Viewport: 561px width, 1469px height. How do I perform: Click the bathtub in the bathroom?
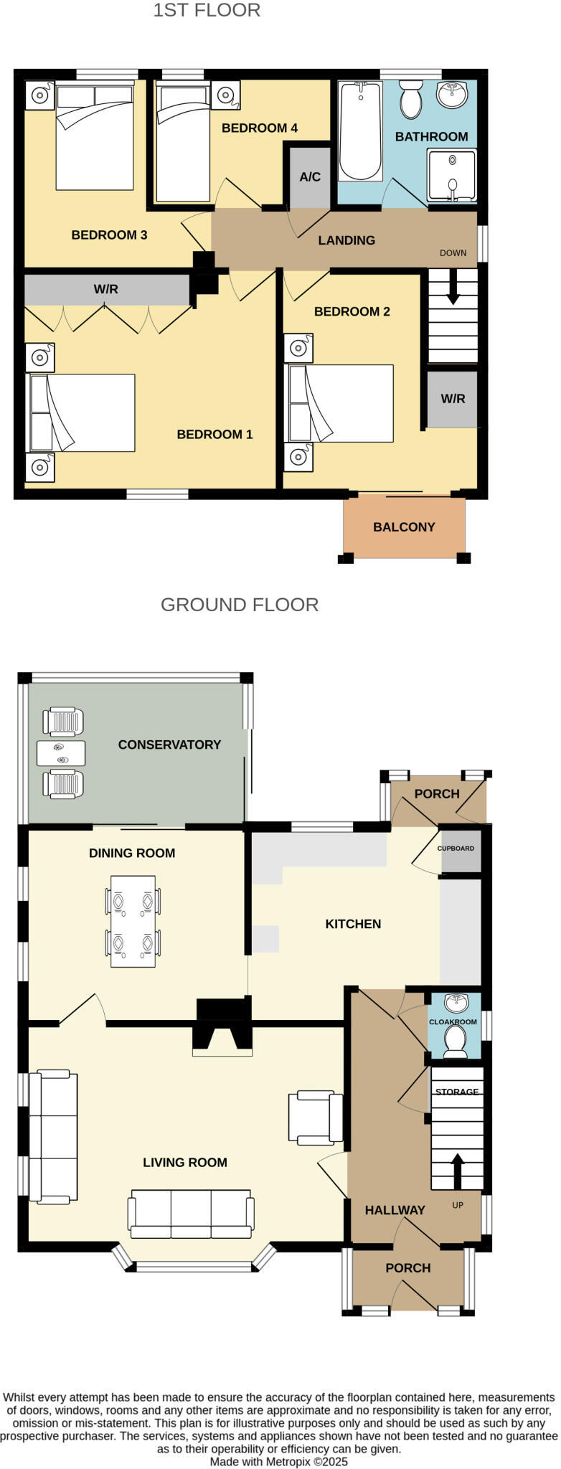pos(360,131)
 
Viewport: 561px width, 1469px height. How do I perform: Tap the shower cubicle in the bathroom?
pos(451,175)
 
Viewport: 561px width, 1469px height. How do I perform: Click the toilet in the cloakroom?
pos(455,1041)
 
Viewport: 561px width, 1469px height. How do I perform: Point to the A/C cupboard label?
pos(310,176)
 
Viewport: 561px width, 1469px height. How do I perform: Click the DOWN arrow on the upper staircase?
pos(453,291)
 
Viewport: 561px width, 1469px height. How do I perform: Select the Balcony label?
pos(404,527)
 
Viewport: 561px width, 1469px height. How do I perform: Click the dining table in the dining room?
pos(133,921)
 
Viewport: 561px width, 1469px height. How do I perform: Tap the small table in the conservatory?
pos(61,753)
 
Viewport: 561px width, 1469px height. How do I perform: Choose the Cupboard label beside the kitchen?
pos(456,849)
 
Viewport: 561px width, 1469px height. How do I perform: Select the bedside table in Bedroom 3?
pos(39,95)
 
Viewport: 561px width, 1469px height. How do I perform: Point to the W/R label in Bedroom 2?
pos(453,399)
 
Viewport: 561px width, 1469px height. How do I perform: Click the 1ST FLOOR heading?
pos(207,11)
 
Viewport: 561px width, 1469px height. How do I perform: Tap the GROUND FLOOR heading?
pos(240,605)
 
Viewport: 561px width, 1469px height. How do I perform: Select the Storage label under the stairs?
pos(457,1092)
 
